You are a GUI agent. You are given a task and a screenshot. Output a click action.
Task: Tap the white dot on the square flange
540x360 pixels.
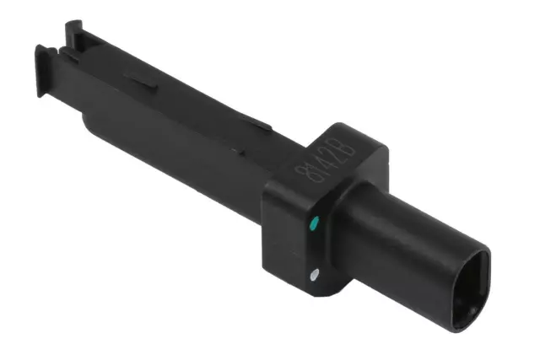315,273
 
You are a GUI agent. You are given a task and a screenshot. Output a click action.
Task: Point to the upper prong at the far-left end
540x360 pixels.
74,31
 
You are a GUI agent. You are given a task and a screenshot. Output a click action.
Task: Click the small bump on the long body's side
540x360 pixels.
237,153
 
